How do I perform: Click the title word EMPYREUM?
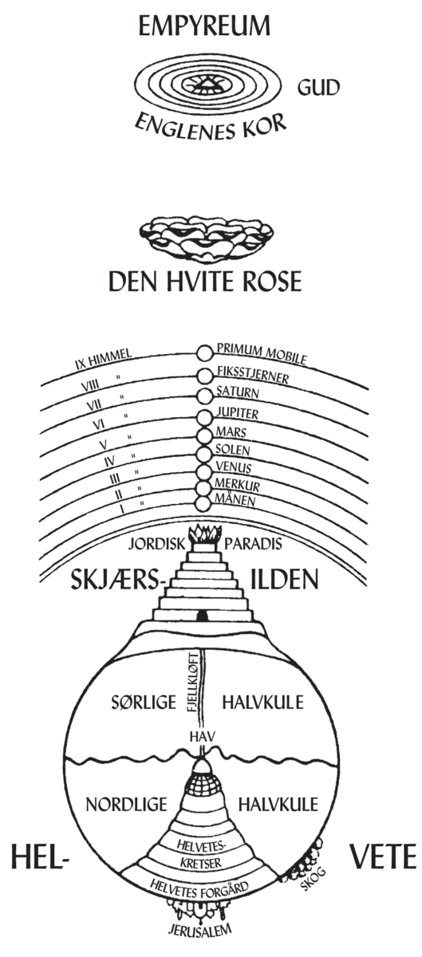[x=204, y=29]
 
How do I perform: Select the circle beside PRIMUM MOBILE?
[x=205, y=352]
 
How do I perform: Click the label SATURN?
[x=238, y=393]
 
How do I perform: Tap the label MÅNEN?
[x=236, y=498]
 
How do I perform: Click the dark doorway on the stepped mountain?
[x=204, y=614]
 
